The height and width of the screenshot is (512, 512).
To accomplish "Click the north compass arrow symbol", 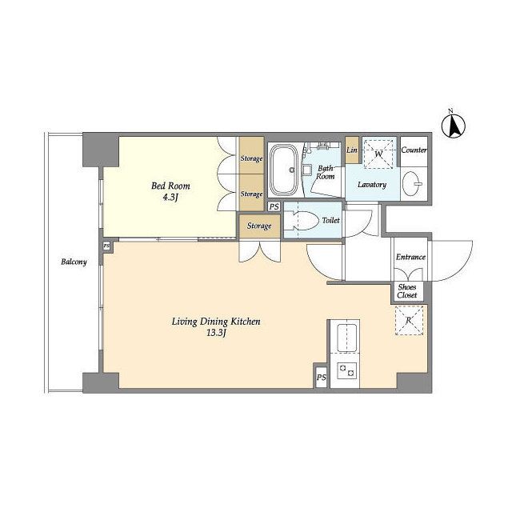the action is (454, 126).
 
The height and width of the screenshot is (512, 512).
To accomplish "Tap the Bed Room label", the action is (170, 186).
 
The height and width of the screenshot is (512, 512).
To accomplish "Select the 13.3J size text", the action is (216, 334).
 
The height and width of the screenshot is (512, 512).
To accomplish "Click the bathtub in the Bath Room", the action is (286, 170).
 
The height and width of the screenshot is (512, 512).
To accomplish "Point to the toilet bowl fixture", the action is (301, 221).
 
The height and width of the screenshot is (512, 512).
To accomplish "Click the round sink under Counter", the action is (410, 183).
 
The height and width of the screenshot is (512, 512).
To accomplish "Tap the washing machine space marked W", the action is (378, 154).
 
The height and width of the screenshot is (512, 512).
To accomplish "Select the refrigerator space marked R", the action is (409, 321).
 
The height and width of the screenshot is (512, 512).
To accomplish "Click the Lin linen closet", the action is (352, 150).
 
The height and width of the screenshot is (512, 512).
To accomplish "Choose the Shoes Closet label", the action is (407, 291).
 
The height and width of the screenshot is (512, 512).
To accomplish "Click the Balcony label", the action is (74, 262).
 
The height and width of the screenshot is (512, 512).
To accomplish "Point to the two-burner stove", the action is (346, 370).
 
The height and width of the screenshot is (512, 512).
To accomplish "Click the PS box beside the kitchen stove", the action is (322, 378).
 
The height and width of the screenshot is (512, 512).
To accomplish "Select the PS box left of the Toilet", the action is (274, 206).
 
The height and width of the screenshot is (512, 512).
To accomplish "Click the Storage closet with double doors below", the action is (259, 226).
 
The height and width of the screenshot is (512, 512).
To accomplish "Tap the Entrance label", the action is (410, 258).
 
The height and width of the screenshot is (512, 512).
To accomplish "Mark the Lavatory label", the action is (372, 185).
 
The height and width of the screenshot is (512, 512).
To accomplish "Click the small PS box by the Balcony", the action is (106, 246).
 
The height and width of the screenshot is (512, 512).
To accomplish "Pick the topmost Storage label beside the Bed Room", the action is (251, 158).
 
